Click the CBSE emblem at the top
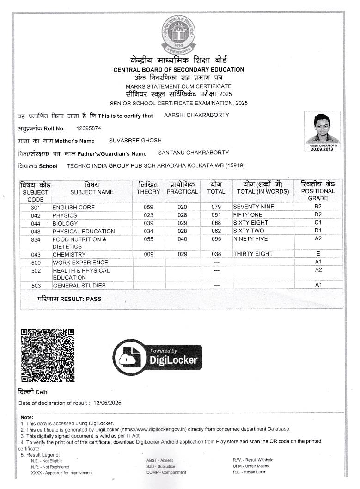click(178, 34)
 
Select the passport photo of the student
click(323, 129)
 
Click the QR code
click(48, 355)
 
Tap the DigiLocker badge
click(157, 357)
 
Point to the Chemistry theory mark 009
click(148, 254)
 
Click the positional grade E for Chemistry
click(318, 254)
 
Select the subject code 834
click(36, 239)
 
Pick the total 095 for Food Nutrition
click(216, 239)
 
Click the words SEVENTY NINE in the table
click(253, 207)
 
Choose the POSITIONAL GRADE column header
click(318, 191)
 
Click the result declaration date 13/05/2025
click(107, 403)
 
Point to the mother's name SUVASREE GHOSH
click(135, 140)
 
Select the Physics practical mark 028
click(182, 215)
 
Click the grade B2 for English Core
click(318, 207)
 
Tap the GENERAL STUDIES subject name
click(79, 286)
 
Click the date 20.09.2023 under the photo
click(322, 149)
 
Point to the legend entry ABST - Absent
click(159, 460)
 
